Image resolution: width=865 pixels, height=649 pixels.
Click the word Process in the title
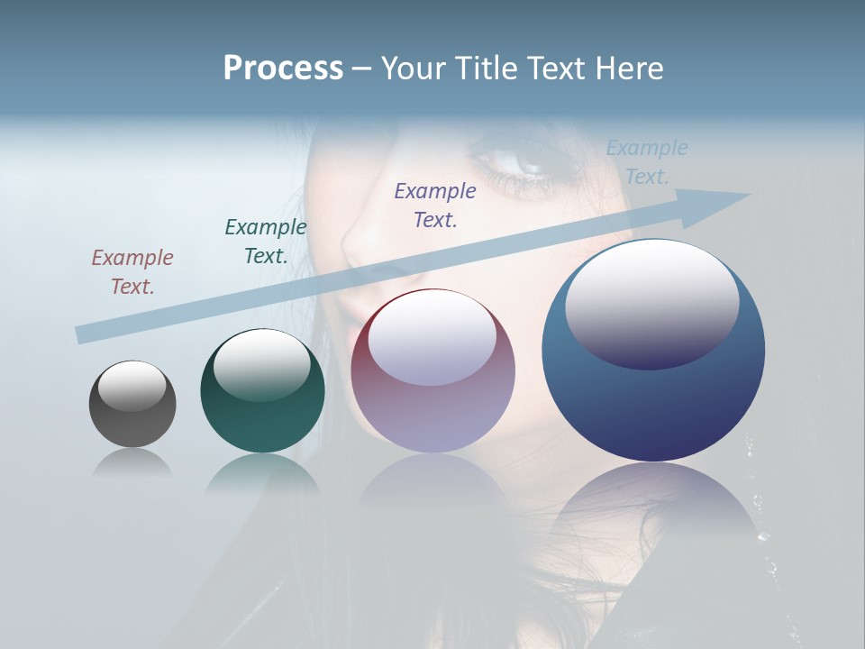point(283,69)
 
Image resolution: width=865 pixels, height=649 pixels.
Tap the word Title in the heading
point(486,69)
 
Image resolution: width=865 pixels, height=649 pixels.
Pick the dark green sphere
point(262,392)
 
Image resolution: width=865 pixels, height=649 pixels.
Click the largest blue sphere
point(653,352)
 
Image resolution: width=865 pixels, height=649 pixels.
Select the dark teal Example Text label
point(266,242)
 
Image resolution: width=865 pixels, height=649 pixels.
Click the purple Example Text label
point(435,205)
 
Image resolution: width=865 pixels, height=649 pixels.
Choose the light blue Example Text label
point(647,162)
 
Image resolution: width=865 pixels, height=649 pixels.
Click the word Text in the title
point(558,69)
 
